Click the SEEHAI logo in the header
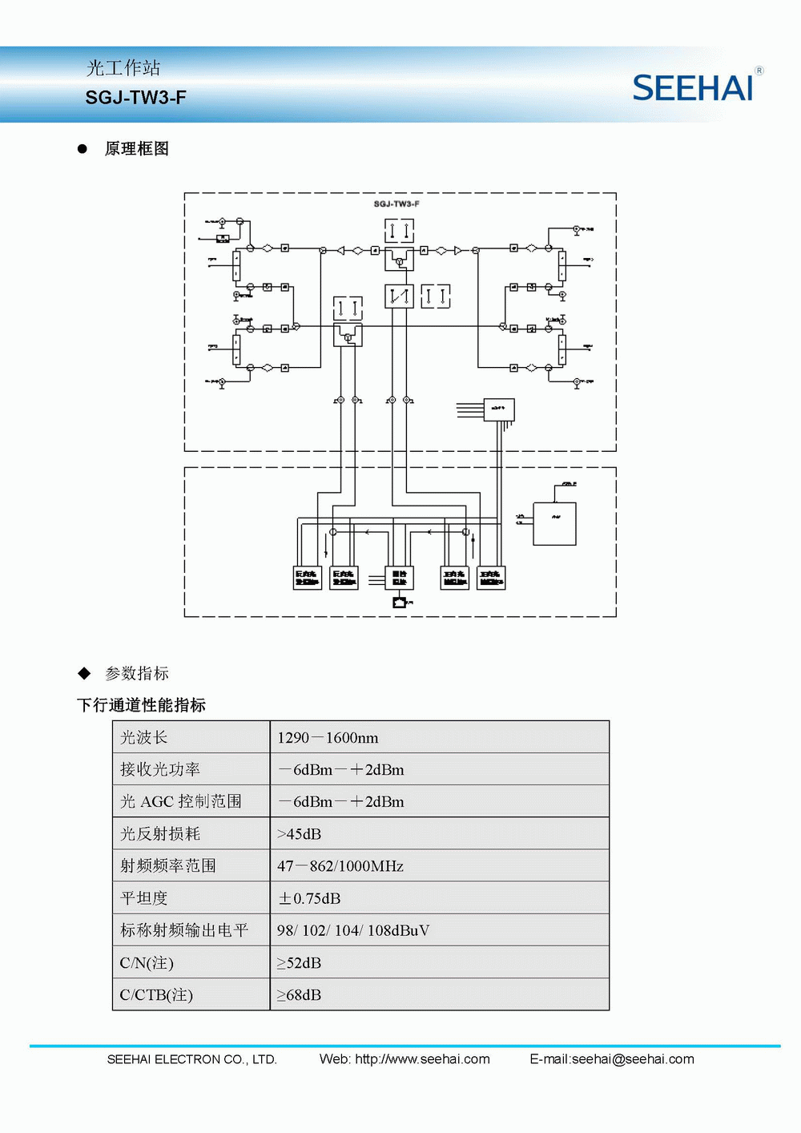(x=693, y=88)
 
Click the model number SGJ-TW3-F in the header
(x=136, y=98)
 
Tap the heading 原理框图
(x=137, y=149)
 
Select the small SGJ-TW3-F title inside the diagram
(x=396, y=204)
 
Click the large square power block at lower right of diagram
(x=554, y=523)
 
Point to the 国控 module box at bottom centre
(x=400, y=578)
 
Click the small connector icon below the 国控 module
(x=400, y=602)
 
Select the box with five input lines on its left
(x=499, y=409)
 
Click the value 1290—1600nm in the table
(x=328, y=738)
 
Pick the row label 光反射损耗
(x=160, y=834)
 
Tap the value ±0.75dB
(x=309, y=898)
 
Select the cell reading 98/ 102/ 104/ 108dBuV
(x=353, y=930)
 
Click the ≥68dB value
(x=299, y=995)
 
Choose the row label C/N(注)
(x=147, y=963)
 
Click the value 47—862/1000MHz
(x=340, y=866)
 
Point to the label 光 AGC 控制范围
(x=181, y=802)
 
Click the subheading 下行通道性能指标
(x=142, y=705)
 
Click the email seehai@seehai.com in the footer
(x=633, y=1059)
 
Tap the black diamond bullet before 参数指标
(x=84, y=673)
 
